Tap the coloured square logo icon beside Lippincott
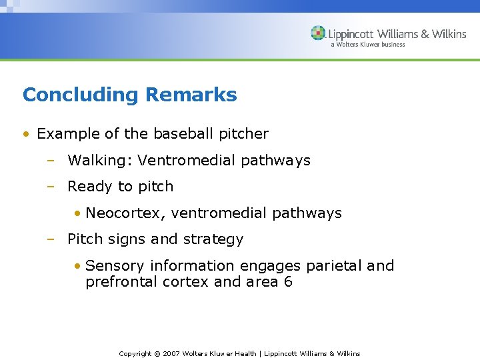tap(319, 33)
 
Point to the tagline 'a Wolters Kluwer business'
tap(367, 45)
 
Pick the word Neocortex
tap(126, 213)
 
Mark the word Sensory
tap(113, 265)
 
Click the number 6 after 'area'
tap(288, 282)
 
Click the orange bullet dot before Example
tap(25, 134)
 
